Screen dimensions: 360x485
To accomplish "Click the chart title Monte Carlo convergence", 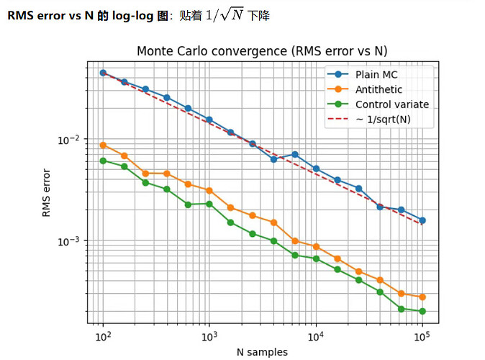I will (263, 51).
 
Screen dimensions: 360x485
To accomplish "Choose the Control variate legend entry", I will (391, 104).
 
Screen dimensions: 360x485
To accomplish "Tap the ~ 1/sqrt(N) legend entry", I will (383, 119).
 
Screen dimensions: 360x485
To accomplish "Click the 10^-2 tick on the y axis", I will (75, 139).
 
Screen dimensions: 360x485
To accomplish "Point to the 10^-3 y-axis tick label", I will (75, 240).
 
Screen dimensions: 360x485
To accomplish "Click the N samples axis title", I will (263, 352).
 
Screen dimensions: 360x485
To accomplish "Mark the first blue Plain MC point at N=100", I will (103, 73).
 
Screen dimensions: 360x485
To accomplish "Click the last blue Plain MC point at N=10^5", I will (422, 220).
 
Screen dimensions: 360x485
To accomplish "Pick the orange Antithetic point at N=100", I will (103, 145).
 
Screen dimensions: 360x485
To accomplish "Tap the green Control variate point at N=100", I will (103, 161).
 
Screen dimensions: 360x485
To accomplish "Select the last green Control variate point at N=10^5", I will (422, 311).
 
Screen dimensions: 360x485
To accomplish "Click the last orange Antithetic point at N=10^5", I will (422, 297).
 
